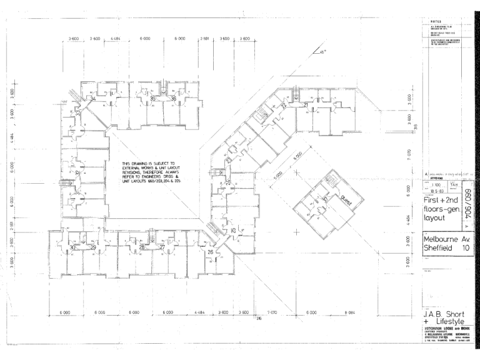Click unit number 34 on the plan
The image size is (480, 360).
click(x=92, y=99)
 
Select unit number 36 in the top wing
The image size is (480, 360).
click(x=173, y=99)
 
